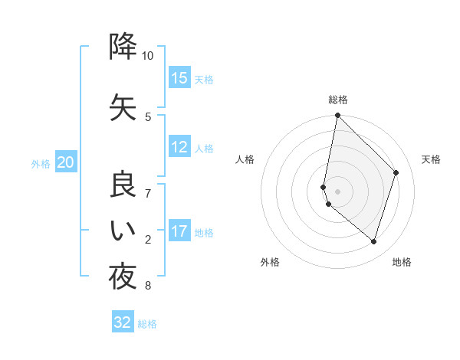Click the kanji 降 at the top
(x=123, y=47)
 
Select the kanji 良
(x=123, y=185)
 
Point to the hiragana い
(x=123, y=231)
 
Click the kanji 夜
(x=123, y=277)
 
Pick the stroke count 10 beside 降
(x=147, y=56)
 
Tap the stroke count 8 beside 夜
(x=147, y=286)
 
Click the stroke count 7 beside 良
(x=147, y=193)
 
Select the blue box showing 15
(x=179, y=78)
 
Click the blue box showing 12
(x=179, y=148)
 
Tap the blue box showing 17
(x=179, y=231)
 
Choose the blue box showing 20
(x=66, y=162)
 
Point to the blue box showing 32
(x=123, y=322)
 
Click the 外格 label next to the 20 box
(x=41, y=163)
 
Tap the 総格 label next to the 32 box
(x=147, y=323)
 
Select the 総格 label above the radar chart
(x=338, y=100)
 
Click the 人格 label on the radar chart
(x=245, y=159)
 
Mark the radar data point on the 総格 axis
(x=337, y=116)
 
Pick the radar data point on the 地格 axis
(x=373, y=241)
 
